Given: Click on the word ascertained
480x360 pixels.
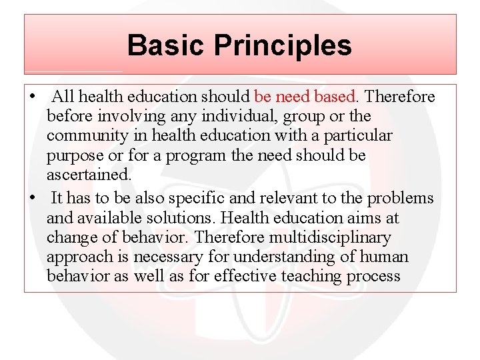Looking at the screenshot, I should (x=88, y=175).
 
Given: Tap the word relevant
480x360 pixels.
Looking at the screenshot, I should (x=281, y=198).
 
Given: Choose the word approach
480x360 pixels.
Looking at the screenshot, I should (x=75, y=257).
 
